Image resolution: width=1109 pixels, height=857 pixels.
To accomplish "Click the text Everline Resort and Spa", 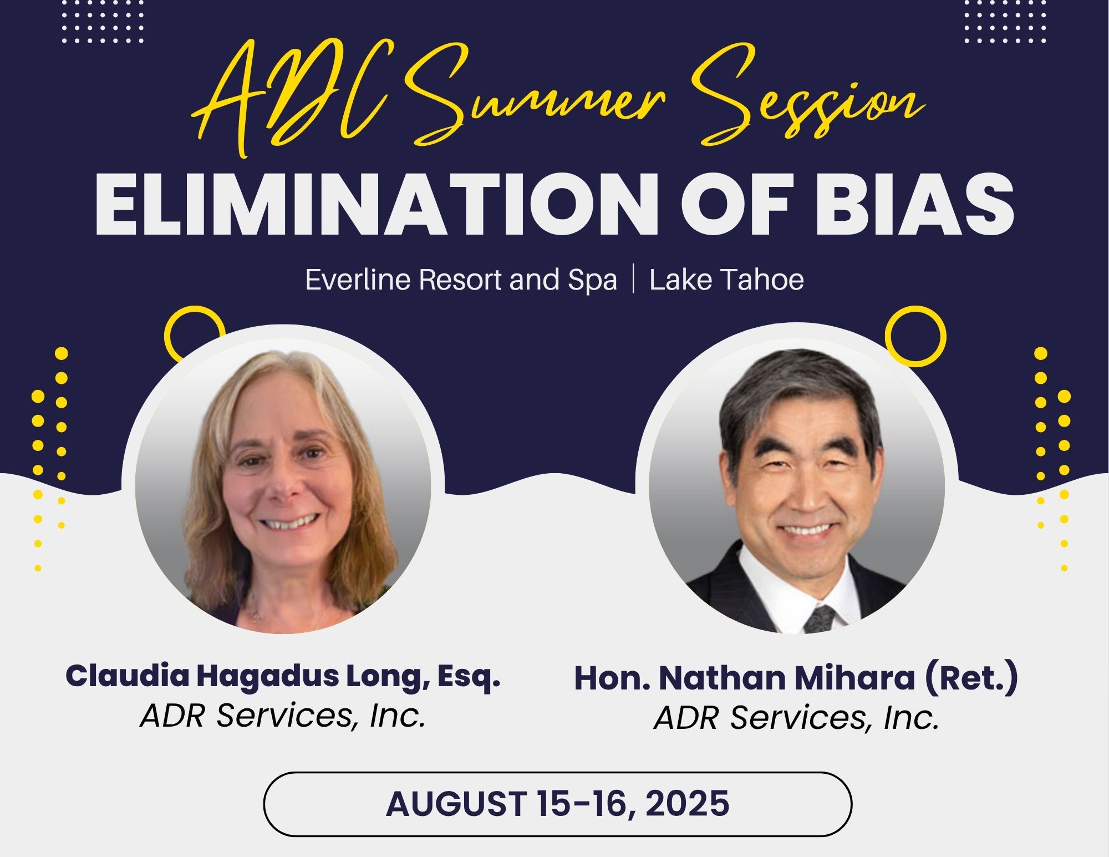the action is coord(461,280).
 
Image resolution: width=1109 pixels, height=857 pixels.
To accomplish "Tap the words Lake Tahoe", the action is coord(726,280).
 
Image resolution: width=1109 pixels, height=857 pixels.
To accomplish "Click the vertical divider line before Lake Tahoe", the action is coord(633,280).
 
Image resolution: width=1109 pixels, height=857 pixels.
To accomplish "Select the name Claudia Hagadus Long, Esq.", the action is coord(283,676).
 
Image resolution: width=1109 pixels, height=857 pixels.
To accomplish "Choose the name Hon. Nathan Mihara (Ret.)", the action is coord(796,678).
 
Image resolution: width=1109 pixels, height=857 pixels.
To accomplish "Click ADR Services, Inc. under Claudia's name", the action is coord(283,715).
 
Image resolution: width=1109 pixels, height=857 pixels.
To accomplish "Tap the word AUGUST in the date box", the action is coord(456,803).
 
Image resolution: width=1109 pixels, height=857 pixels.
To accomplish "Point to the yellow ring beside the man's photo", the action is coord(915,336).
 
